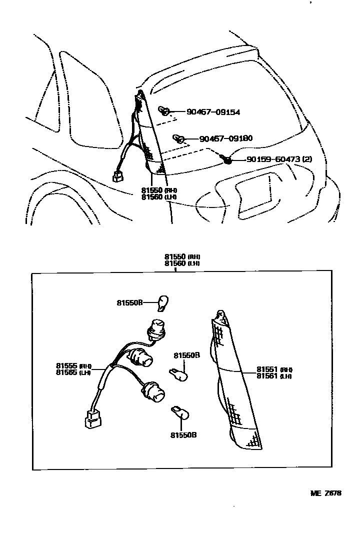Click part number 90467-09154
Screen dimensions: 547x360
pos(213,112)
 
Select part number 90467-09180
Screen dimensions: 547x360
pos(225,138)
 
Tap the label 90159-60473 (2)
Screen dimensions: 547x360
pos(279,159)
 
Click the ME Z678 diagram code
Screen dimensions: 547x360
pos(325,493)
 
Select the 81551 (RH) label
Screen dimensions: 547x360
pos(274,369)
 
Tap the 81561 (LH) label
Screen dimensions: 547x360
pos(274,376)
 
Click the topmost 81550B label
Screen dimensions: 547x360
pos(130,302)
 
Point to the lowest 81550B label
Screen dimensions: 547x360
pos(183,435)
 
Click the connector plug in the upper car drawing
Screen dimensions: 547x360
pos(118,175)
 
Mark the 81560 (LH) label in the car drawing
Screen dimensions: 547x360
pos(159,197)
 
